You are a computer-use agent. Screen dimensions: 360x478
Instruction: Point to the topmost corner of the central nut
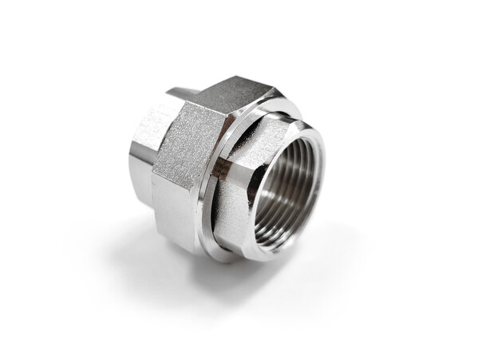(239, 78)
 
